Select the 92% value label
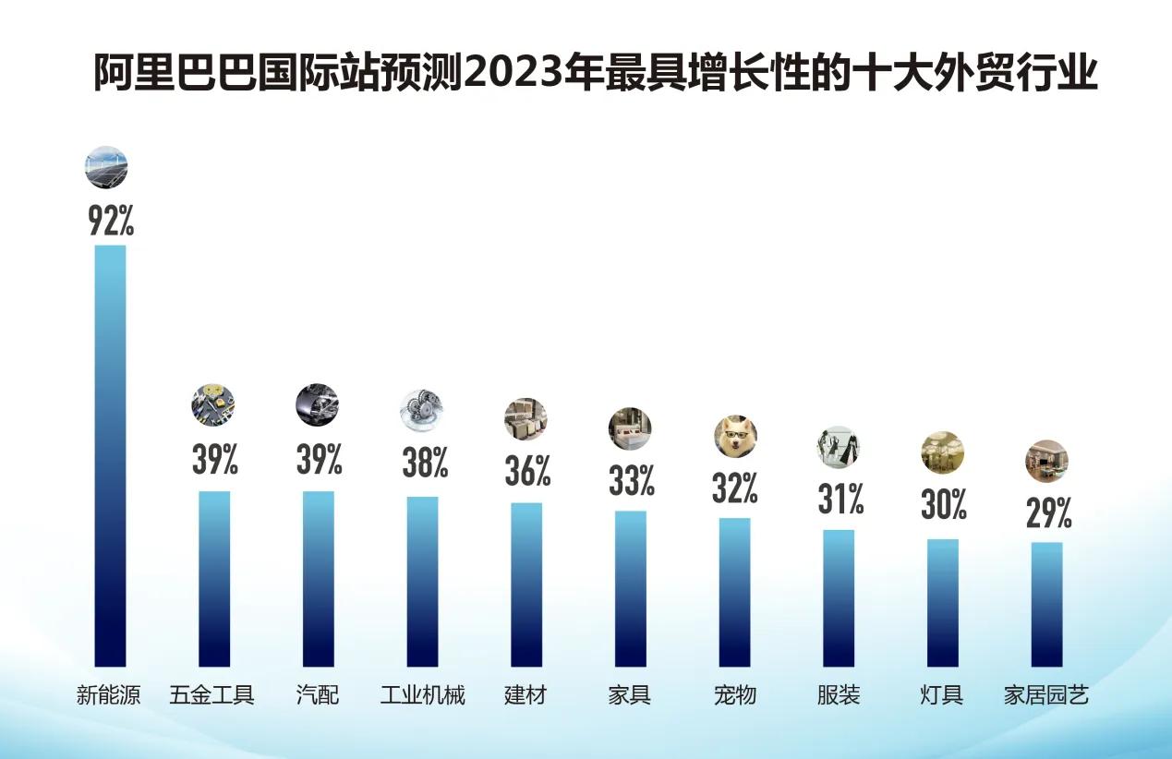[x=111, y=221]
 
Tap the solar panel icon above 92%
[x=106, y=167]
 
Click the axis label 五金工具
[x=211, y=695]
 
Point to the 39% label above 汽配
[x=319, y=459]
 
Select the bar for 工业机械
[x=423, y=581]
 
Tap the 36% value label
[x=527, y=471]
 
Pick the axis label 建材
[x=526, y=695]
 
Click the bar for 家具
[x=631, y=588]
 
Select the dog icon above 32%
[x=735, y=437]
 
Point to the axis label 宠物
[x=735, y=695]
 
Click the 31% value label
[x=840, y=500]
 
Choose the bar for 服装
[x=839, y=597]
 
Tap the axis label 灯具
[x=942, y=695]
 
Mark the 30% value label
[x=943, y=505]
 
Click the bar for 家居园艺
[x=1046, y=604]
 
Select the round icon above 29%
[x=1046, y=461]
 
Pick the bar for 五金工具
[x=214, y=578]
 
